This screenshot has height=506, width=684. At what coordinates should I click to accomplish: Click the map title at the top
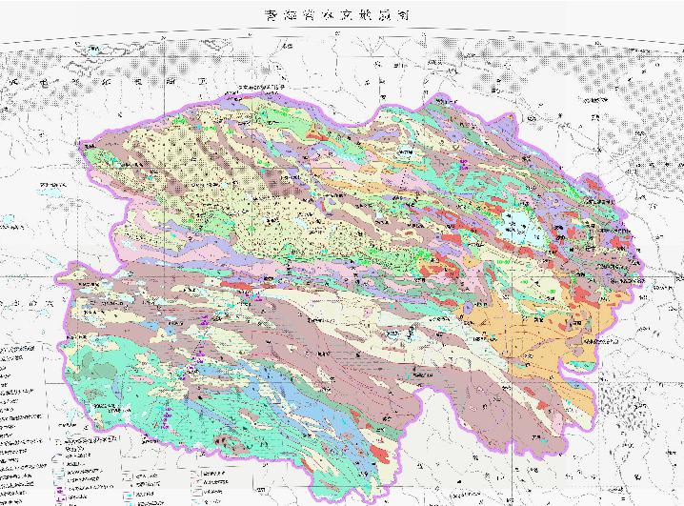341,16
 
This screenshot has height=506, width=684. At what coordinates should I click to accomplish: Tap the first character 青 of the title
272,16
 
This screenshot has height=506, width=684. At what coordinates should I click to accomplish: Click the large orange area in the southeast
533,329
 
